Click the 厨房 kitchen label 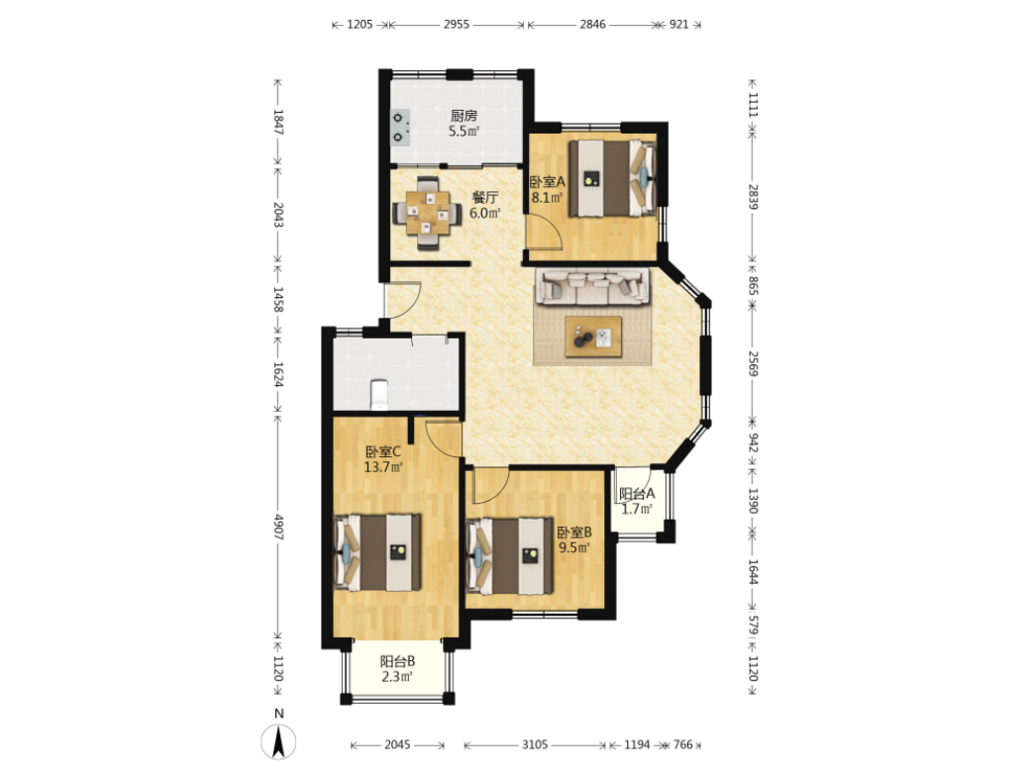click(x=464, y=116)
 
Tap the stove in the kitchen click(x=399, y=128)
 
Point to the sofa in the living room click(x=591, y=286)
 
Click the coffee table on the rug click(x=593, y=337)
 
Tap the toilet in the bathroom click(x=379, y=395)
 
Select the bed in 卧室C click(x=377, y=552)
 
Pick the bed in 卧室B click(x=509, y=556)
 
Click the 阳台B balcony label click(x=397, y=661)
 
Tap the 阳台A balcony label click(x=637, y=494)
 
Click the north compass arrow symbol click(x=278, y=741)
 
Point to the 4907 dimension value click(x=278, y=528)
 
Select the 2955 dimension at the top click(x=457, y=25)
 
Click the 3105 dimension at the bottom click(x=535, y=744)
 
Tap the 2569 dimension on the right click(x=754, y=363)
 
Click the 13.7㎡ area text click(x=383, y=467)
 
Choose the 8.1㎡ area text click(x=547, y=197)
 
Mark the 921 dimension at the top click(x=678, y=25)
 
